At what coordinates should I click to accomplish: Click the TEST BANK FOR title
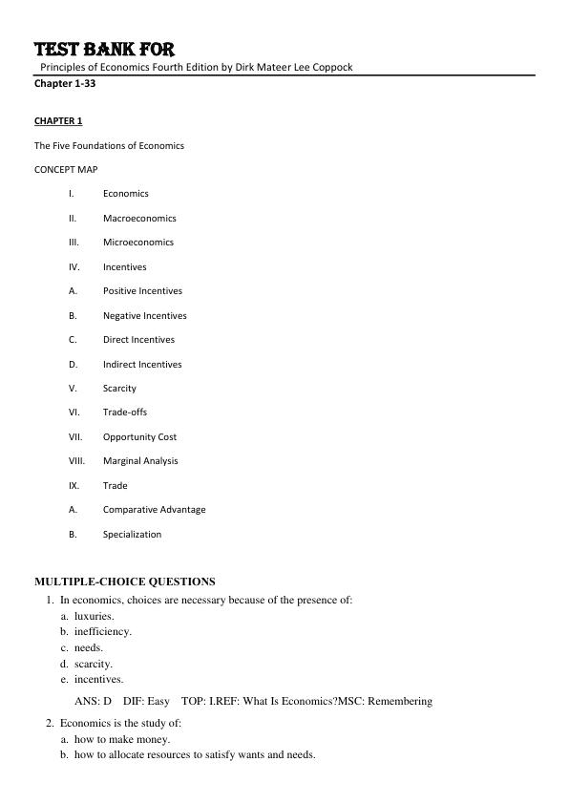tap(104, 50)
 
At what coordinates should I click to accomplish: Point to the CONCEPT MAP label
tap(66, 169)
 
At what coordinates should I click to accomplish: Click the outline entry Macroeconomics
tap(139, 219)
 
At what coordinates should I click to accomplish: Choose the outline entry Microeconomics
tap(138, 243)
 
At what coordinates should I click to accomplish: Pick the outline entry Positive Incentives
tap(142, 291)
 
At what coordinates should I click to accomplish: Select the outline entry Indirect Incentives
tap(142, 364)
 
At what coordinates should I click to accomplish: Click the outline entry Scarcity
tap(119, 389)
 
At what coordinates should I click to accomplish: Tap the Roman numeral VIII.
tap(76, 461)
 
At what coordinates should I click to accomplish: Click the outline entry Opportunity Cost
tap(139, 437)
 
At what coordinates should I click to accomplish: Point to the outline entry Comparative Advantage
tap(154, 510)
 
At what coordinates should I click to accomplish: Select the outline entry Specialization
tap(132, 535)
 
